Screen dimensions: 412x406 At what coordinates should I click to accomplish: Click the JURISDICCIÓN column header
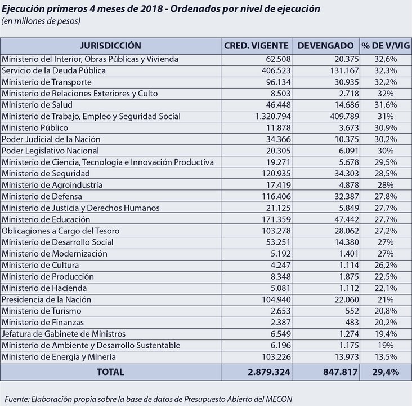pos(110,46)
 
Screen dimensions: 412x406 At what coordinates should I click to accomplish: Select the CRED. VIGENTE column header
pos(256,46)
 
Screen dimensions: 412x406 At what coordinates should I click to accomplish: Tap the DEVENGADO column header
pos(325,46)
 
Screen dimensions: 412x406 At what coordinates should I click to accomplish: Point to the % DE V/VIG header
pos(386,46)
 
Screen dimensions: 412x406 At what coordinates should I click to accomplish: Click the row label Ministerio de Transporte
pos(47,82)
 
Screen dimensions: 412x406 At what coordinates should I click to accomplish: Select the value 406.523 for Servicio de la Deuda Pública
pos(276,70)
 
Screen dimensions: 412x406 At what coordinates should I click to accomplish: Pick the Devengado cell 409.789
pos(344,116)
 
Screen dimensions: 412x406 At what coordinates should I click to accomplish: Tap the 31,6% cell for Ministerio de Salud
pos(386,105)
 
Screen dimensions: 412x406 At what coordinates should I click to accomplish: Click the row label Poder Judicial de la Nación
pos(51,139)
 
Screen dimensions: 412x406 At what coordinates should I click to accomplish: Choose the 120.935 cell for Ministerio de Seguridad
pos(276,174)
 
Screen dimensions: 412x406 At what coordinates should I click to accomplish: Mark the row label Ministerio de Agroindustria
pos(52,185)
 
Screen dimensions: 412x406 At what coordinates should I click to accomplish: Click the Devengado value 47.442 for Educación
pos(347,219)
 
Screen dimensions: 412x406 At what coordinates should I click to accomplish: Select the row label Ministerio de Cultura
pos(40,265)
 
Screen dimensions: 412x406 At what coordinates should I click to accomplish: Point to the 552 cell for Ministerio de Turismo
pos(352,311)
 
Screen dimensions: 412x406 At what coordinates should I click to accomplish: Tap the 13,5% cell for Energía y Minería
pos(386,357)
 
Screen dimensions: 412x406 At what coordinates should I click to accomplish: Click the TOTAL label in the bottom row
pos(110,372)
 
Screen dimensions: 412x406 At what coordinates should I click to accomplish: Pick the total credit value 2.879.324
pos(269,372)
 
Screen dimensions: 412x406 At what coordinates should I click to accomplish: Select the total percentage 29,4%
pos(386,372)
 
